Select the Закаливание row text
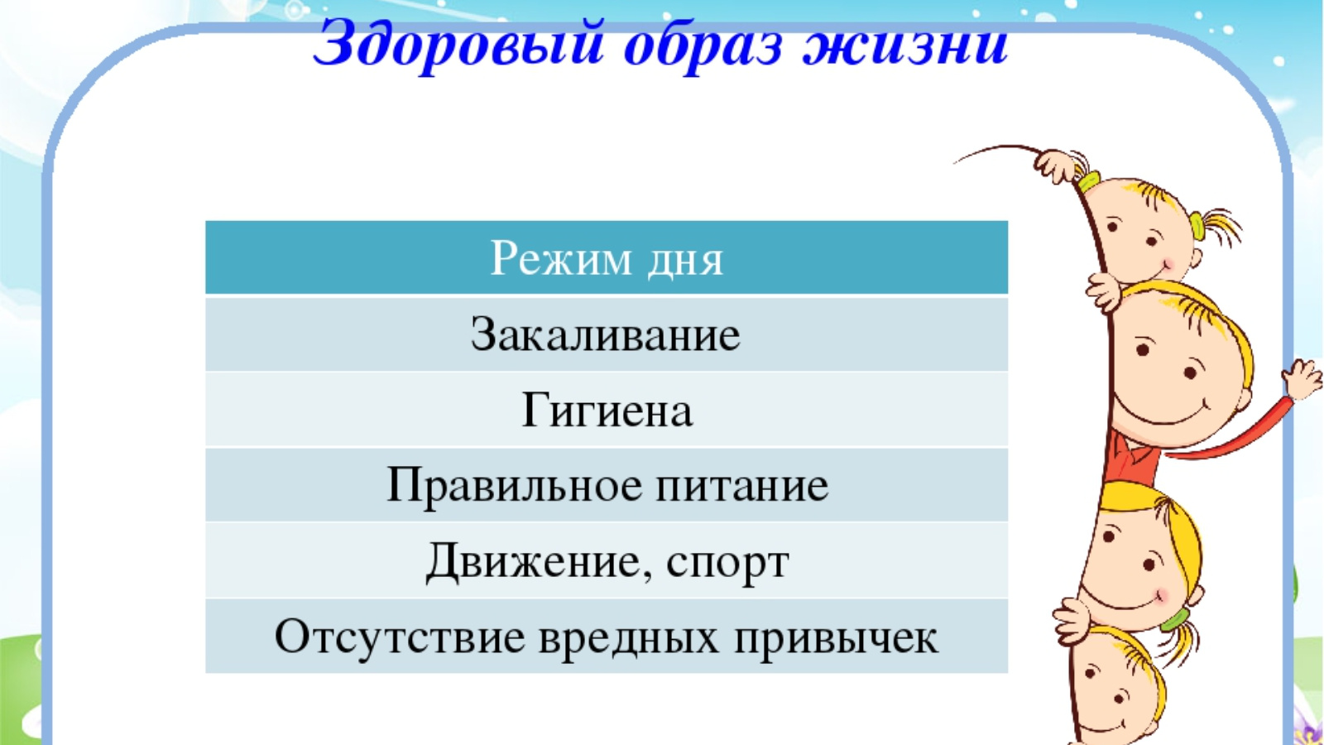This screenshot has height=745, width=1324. click(605, 335)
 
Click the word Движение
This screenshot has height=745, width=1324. click(533, 562)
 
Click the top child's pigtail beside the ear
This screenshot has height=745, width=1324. click(1216, 227)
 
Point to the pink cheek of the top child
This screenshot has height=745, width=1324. click(1168, 262)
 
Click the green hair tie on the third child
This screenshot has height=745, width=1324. click(1175, 618)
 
